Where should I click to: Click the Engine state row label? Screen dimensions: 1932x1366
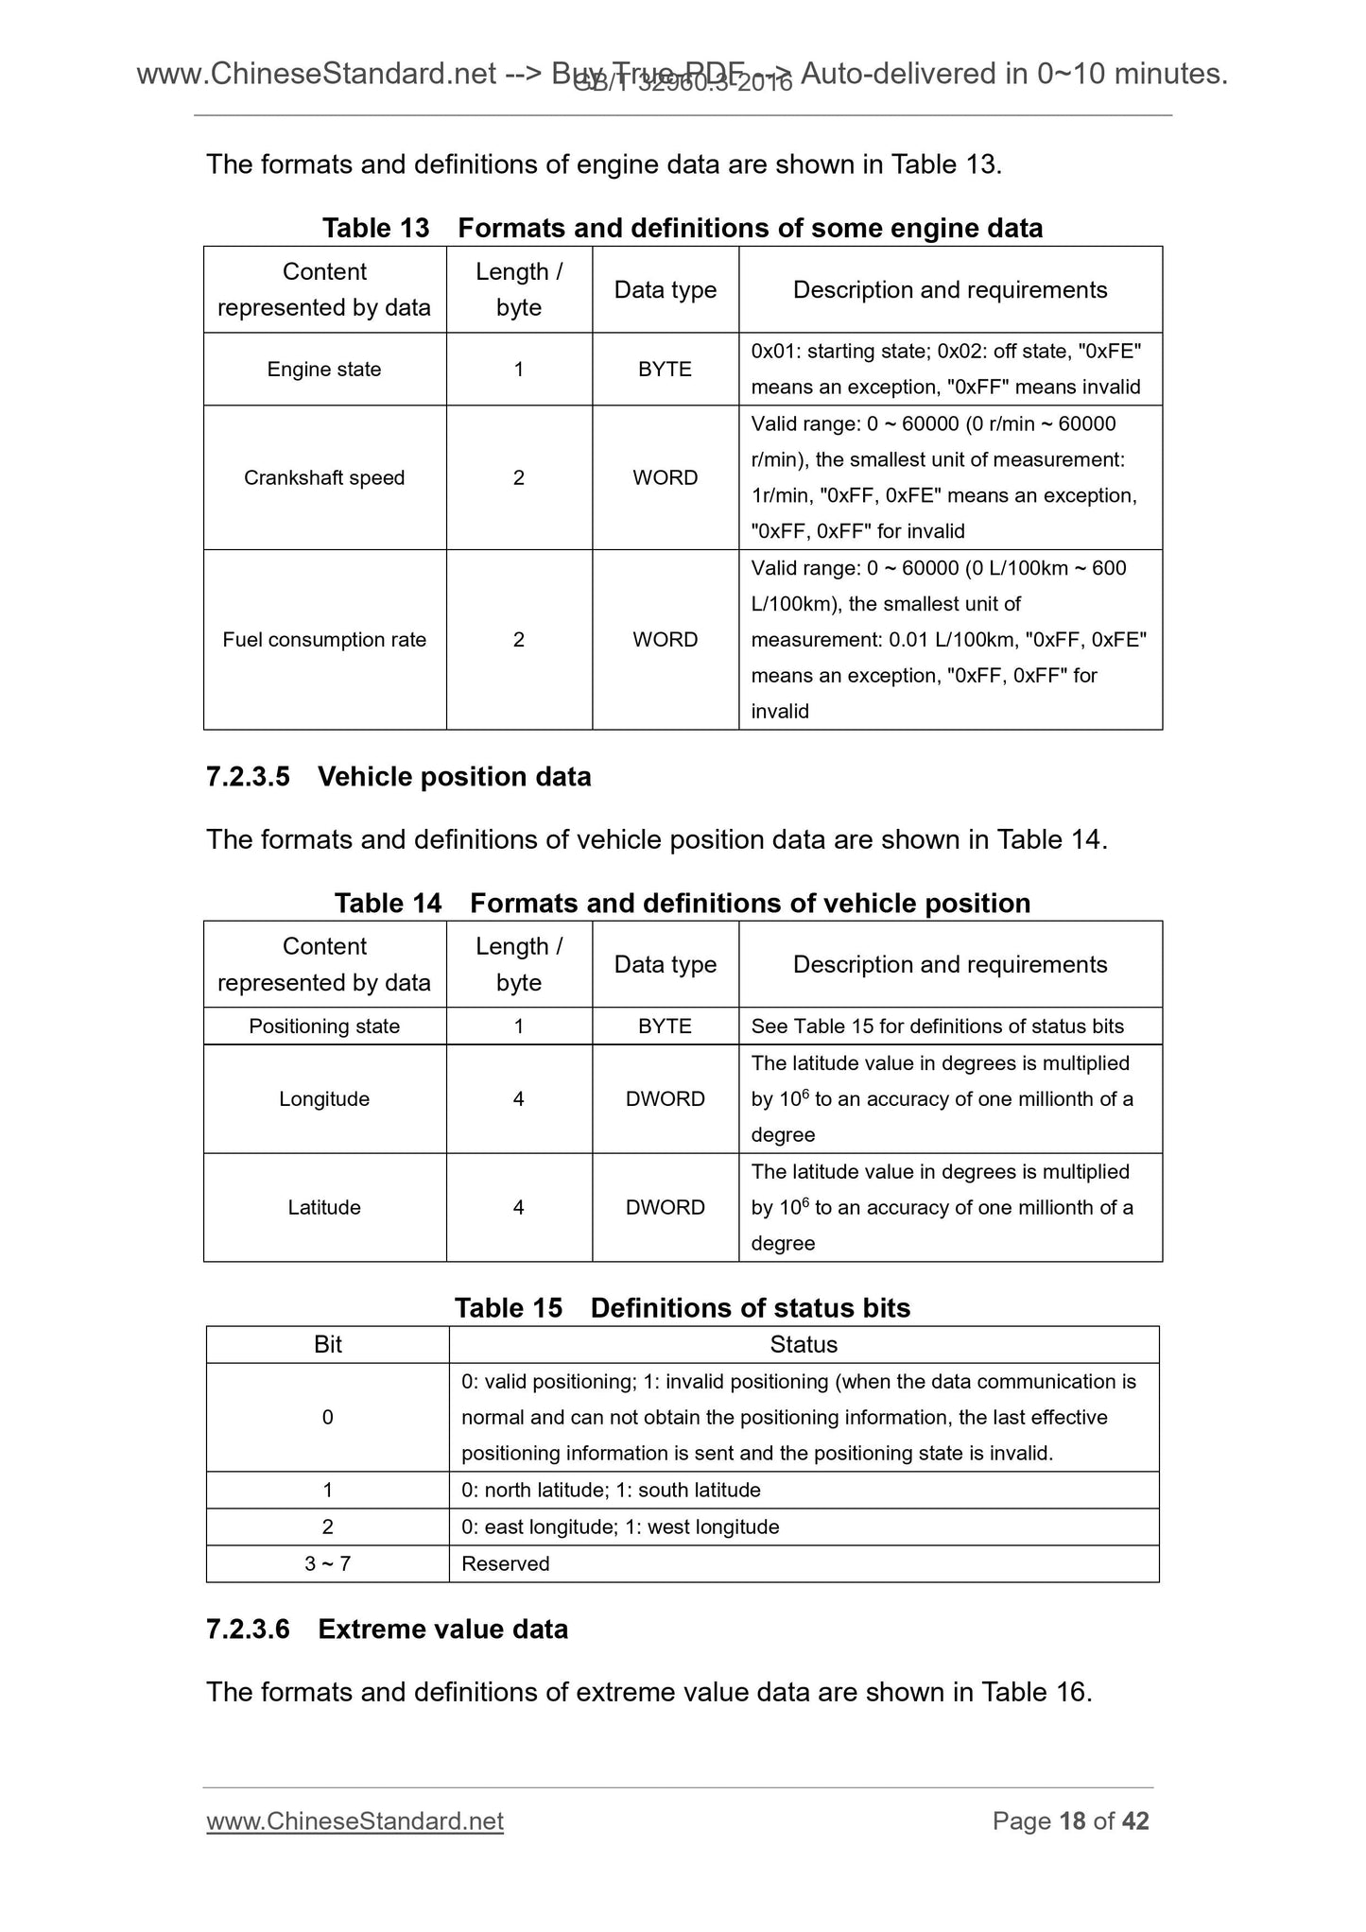324,370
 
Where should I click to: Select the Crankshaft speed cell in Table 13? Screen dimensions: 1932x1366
324,478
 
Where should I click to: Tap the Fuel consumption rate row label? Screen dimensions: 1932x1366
324,640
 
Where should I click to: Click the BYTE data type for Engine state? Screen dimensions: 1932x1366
665,370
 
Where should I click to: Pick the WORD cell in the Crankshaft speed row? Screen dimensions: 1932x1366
665,478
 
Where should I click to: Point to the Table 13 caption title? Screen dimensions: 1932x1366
683,228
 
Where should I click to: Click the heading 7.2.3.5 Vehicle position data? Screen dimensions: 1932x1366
398,777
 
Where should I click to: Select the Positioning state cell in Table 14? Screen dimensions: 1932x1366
324,1026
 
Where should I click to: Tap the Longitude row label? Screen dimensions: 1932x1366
324,1099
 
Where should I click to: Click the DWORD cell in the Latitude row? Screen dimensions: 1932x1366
665,1208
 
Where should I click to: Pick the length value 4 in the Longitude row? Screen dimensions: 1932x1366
518,1099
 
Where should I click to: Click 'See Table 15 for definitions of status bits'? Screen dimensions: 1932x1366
937,1026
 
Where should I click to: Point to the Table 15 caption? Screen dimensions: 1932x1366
683,1308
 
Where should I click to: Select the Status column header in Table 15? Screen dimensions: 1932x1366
804,1345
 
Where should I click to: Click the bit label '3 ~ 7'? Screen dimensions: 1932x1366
327,1564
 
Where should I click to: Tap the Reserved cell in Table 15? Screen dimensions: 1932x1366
506,1564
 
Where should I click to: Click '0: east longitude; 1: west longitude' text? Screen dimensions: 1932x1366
620,1527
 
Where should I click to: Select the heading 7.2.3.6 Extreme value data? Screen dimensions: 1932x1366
387,1630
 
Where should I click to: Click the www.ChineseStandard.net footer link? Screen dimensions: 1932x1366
354,1821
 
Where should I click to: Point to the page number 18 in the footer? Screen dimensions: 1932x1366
1072,1821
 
